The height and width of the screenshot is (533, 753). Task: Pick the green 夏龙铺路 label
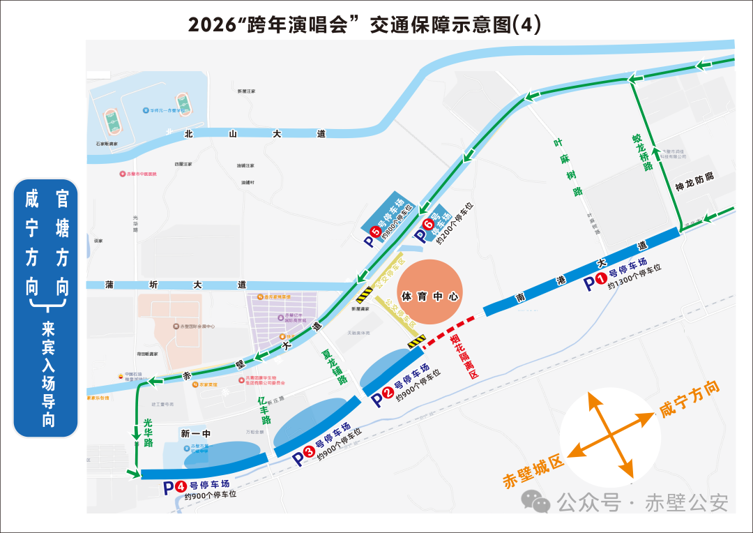point(334,367)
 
